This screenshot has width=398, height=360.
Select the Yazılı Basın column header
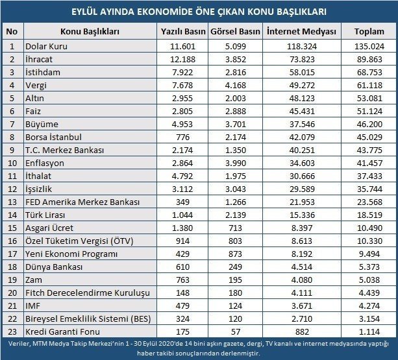click(182, 31)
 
